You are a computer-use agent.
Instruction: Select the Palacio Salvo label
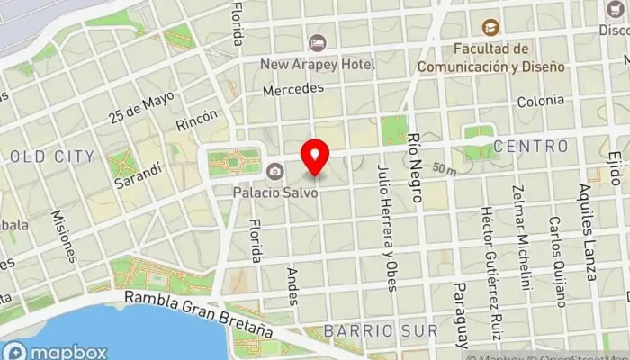275,192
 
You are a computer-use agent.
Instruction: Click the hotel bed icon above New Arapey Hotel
317,43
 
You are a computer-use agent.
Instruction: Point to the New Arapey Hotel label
317,64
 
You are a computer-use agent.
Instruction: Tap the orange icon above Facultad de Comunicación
490,28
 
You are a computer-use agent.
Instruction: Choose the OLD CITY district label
51,157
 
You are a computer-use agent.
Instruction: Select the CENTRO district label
531,146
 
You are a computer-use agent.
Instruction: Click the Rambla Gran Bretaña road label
200,313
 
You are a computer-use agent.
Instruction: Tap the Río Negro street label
415,163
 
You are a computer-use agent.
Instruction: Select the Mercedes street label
292,90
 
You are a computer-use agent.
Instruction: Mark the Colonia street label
540,103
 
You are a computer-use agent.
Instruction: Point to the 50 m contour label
443,168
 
